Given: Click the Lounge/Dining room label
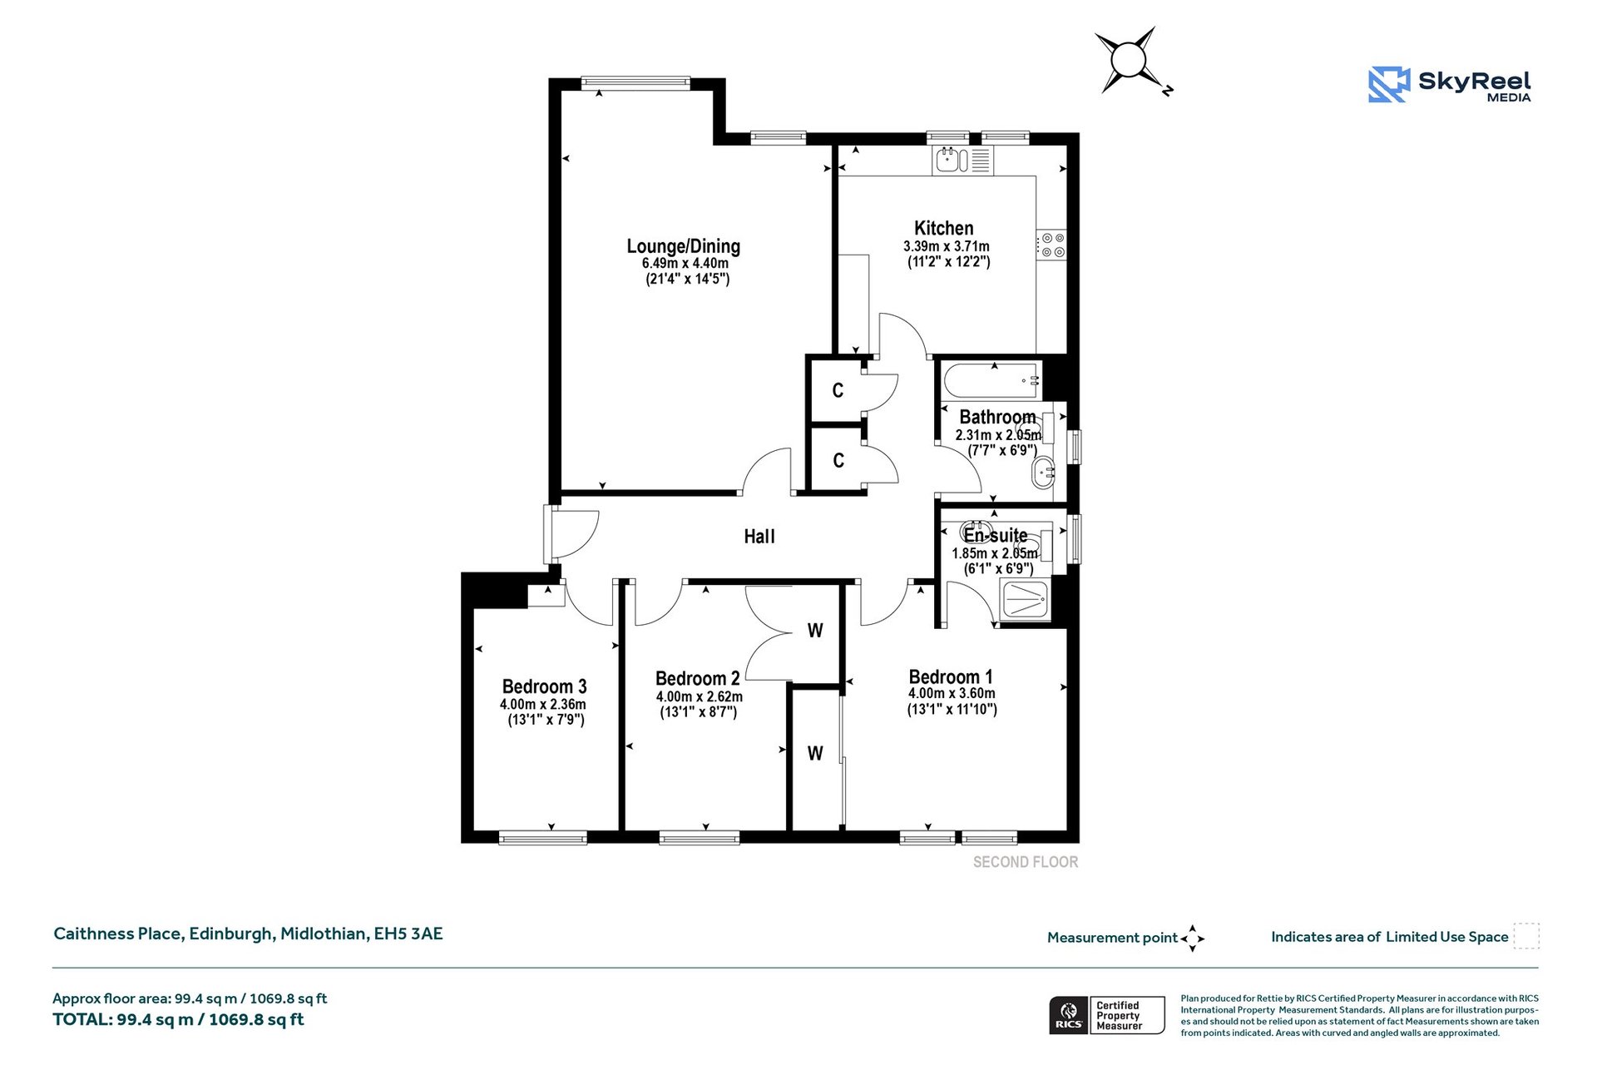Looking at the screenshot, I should pyautogui.click(x=683, y=246).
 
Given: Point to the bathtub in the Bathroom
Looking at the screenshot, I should pyautogui.click(x=991, y=380).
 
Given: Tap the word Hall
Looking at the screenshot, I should pyautogui.click(x=759, y=537).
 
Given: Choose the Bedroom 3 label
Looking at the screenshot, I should pyautogui.click(x=544, y=686).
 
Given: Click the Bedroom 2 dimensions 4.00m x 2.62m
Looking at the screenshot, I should pyautogui.click(x=699, y=696).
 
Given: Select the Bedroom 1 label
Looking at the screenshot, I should pyautogui.click(x=950, y=676).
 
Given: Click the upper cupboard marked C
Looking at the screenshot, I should pyautogui.click(x=838, y=390).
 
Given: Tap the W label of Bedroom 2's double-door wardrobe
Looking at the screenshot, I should pyautogui.click(x=815, y=631).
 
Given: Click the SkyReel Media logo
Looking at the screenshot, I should pyautogui.click(x=1449, y=85).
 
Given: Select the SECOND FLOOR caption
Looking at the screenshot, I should pyautogui.click(x=1025, y=862).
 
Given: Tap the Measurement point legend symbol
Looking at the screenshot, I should pyautogui.click(x=1192, y=938).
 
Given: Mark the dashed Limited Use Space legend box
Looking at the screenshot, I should pyautogui.click(x=1525, y=936).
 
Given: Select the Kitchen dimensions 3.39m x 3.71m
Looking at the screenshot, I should pyautogui.click(x=946, y=246).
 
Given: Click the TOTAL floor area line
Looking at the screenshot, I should pyautogui.click(x=178, y=1019).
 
